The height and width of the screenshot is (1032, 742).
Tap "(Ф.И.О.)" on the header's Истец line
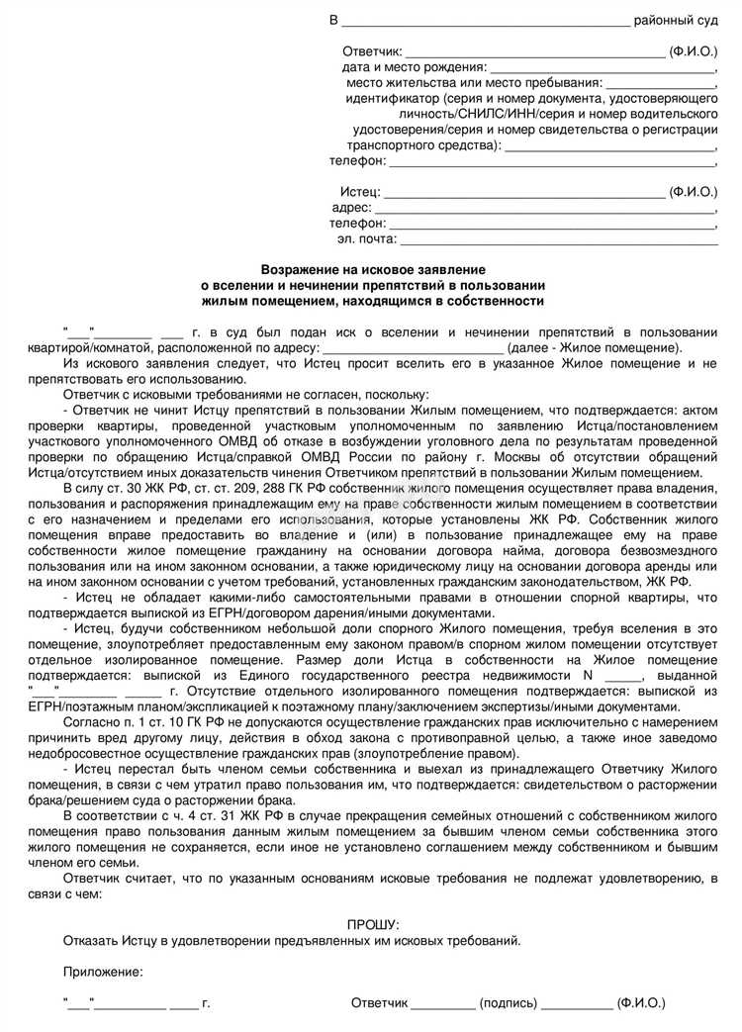click(x=693, y=191)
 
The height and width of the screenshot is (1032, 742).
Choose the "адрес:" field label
click(x=352, y=207)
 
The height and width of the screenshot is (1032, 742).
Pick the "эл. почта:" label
click(x=366, y=238)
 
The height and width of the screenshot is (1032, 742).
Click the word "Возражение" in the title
click(x=296, y=269)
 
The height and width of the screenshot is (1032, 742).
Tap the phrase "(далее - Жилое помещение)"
click(x=594, y=347)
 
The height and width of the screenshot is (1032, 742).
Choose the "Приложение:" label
click(x=103, y=972)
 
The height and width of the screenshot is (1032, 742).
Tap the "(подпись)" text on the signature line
click(x=508, y=1003)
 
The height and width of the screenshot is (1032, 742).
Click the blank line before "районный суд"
click(x=485, y=21)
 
